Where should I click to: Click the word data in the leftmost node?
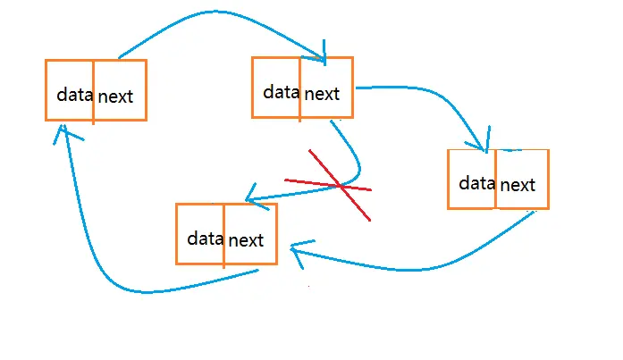(x=75, y=95)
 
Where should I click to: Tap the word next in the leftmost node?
(x=115, y=96)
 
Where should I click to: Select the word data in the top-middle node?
(x=282, y=92)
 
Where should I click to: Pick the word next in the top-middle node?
(x=322, y=94)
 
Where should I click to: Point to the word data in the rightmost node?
(x=476, y=183)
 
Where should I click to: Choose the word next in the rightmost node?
(x=518, y=185)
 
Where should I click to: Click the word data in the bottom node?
(x=206, y=239)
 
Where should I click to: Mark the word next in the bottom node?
(x=246, y=240)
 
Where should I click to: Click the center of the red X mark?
(x=340, y=185)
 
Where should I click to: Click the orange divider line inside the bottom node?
(x=224, y=235)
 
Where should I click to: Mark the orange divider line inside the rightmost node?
(x=495, y=179)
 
